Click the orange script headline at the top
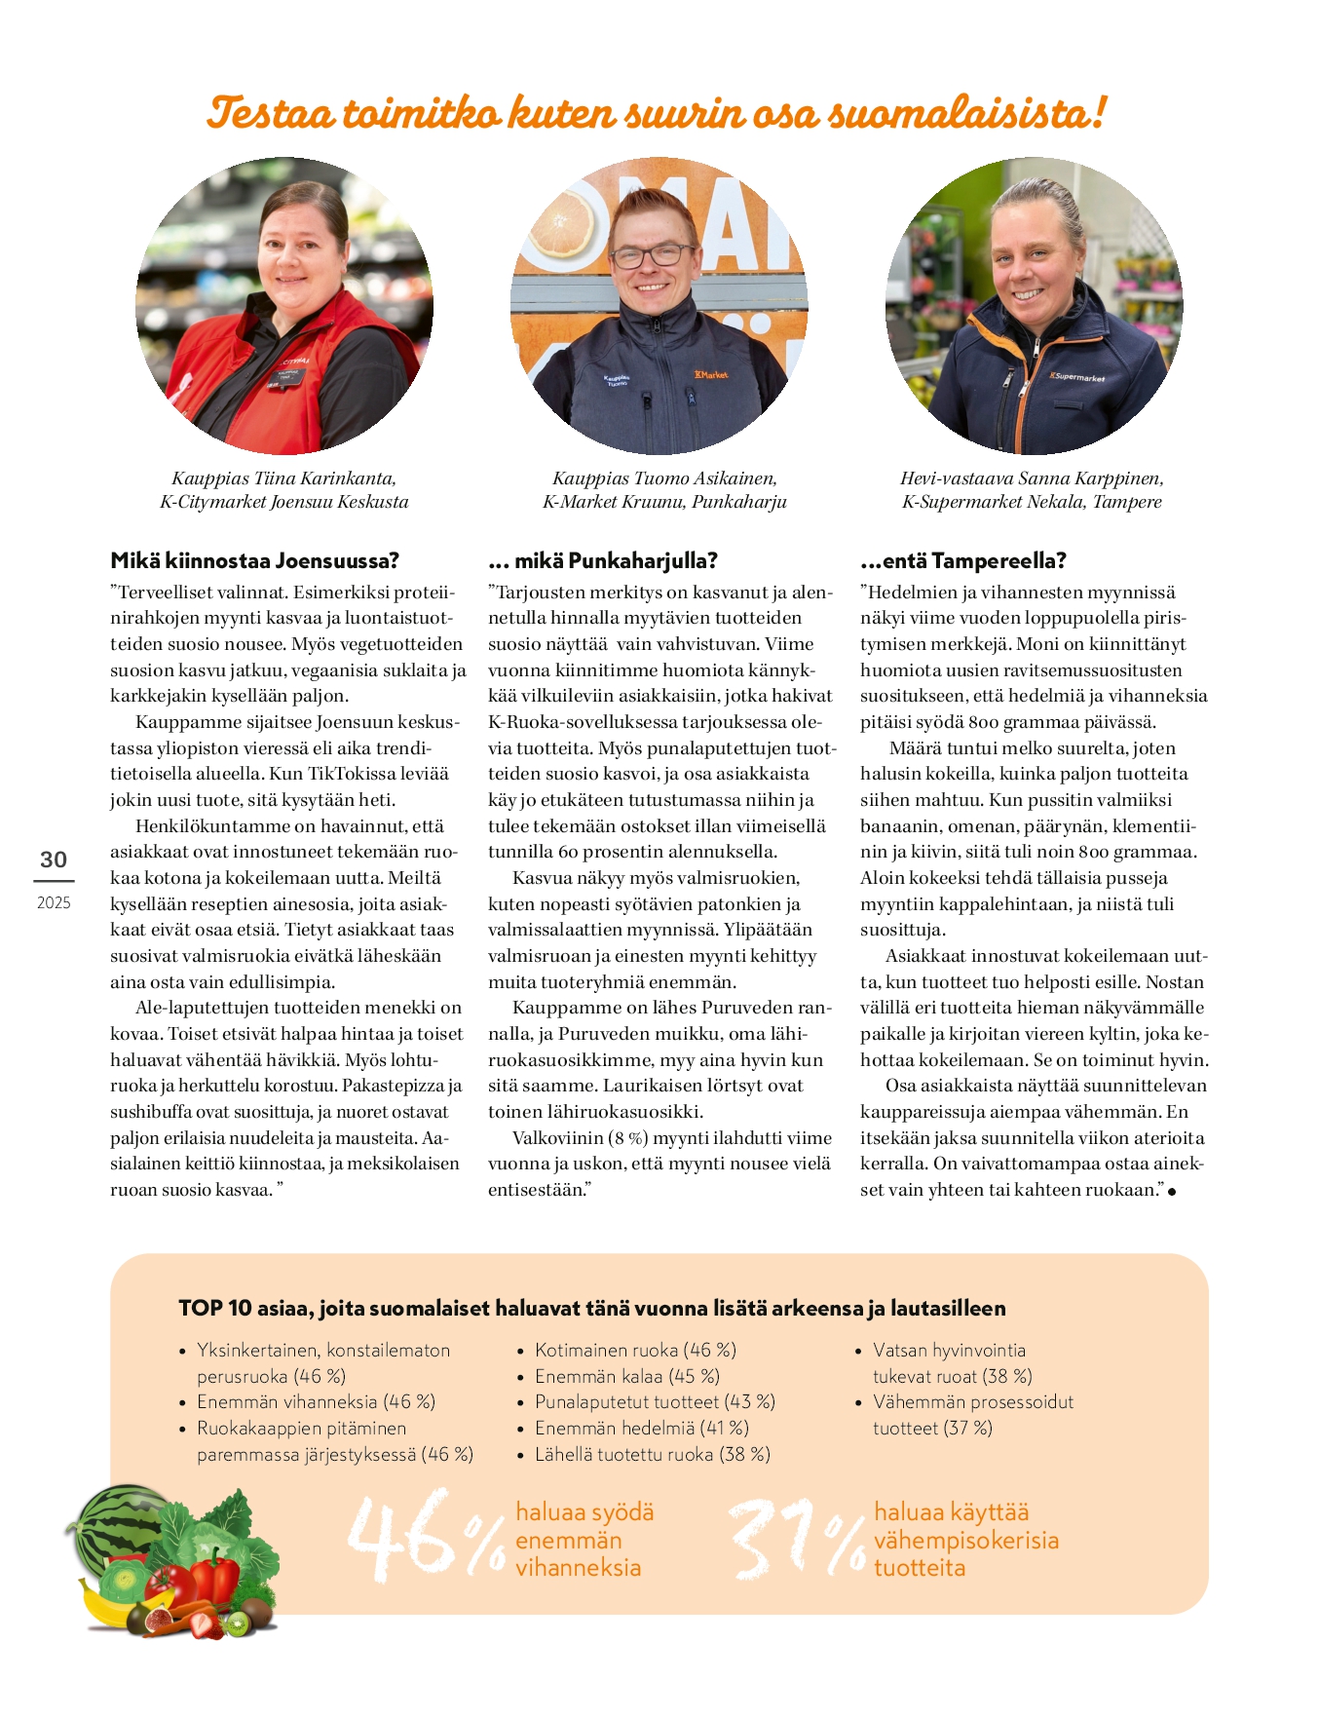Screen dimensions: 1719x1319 (658, 112)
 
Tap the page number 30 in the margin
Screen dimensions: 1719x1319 (54, 859)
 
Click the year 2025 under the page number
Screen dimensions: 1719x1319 (54, 902)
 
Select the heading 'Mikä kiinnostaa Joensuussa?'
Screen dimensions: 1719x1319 (255, 560)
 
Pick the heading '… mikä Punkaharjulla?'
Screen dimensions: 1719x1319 (603, 560)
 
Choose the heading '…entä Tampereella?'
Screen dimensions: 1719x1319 (963, 560)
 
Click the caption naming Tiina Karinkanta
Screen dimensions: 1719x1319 (284, 490)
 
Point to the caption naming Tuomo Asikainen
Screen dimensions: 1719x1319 (664, 490)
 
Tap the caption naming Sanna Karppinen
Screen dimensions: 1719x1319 (1032, 490)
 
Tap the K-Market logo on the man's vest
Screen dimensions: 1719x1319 (710, 375)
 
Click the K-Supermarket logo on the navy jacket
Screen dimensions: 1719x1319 (1076, 376)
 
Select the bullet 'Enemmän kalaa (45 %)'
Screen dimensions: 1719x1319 (626, 1376)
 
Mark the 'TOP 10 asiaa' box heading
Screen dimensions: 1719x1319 (591, 1308)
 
